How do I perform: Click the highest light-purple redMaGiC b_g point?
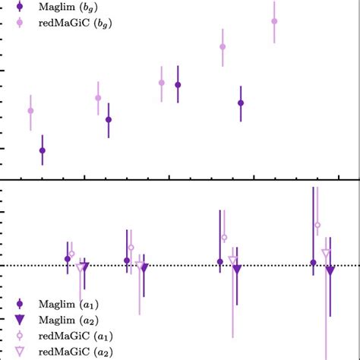(274, 21)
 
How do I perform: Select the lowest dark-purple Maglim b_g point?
(42, 150)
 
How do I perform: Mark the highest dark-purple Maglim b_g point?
(178, 85)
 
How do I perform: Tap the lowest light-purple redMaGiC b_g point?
(30, 111)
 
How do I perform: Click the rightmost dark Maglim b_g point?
(241, 103)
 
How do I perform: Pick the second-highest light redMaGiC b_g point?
(223, 46)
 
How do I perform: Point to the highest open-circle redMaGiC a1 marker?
(317, 225)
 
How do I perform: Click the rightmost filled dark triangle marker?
(330, 270)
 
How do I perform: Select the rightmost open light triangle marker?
(326, 254)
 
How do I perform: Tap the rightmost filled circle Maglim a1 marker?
(313, 263)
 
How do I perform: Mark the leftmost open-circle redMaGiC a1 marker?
(71, 254)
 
